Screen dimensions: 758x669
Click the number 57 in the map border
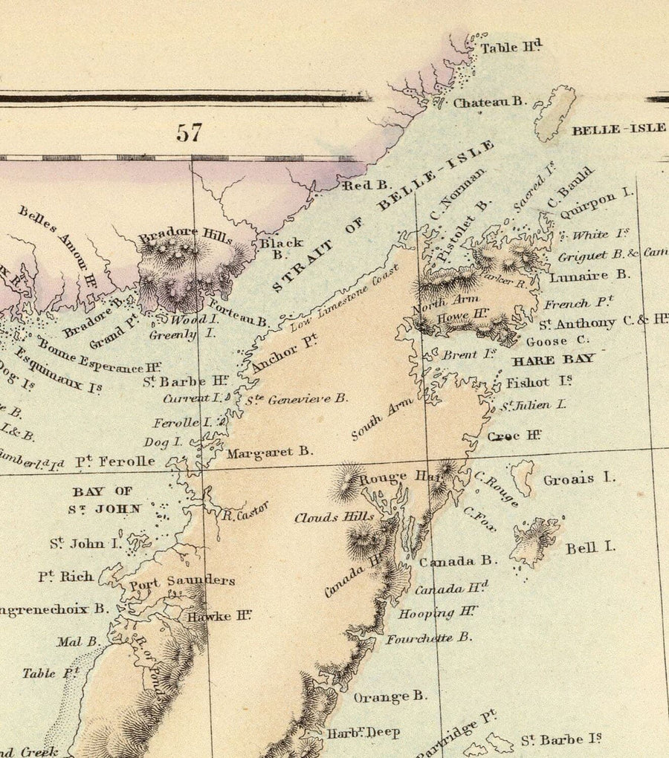click(189, 133)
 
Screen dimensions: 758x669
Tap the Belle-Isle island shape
click(555, 113)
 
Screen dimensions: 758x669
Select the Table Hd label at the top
click(510, 48)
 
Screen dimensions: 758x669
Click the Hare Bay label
click(554, 358)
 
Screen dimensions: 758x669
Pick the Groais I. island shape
click(523, 477)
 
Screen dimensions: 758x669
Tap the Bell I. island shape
click(534, 541)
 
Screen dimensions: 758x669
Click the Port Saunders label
click(182, 581)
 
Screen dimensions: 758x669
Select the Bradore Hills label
click(185, 234)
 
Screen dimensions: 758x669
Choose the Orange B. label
click(390, 696)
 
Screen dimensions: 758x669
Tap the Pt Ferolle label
click(115, 461)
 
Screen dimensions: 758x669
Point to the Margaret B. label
click(270, 451)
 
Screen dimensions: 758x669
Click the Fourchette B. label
click(428, 638)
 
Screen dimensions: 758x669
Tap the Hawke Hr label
click(219, 615)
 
